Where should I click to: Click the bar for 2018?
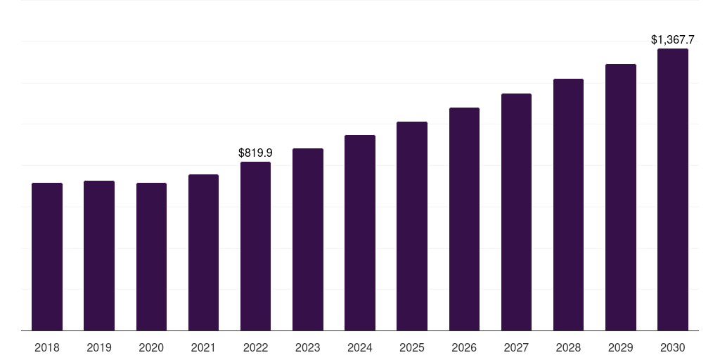[x=47, y=257]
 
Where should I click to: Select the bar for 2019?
[x=99, y=255]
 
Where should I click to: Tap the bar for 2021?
[x=203, y=252]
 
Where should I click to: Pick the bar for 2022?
[x=255, y=246]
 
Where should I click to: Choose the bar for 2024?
[x=360, y=233]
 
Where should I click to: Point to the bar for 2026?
[x=464, y=219]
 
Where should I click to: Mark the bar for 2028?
[x=568, y=205]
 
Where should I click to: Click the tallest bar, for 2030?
[x=673, y=190]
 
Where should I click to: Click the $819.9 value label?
[x=255, y=153]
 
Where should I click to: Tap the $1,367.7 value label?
[x=673, y=40]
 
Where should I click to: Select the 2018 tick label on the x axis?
[x=47, y=347]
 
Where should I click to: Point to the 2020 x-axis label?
[x=151, y=347]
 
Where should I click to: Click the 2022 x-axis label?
[x=255, y=347]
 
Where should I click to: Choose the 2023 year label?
[x=308, y=347]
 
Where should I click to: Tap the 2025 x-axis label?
[x=412, y=347]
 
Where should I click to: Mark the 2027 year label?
[x=516, y=347]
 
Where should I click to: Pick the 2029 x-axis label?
[x=621, y=347]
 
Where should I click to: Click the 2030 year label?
[x=673, y=347]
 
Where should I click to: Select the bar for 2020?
[x=151, y=257]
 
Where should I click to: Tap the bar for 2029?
[x=621, y=197]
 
